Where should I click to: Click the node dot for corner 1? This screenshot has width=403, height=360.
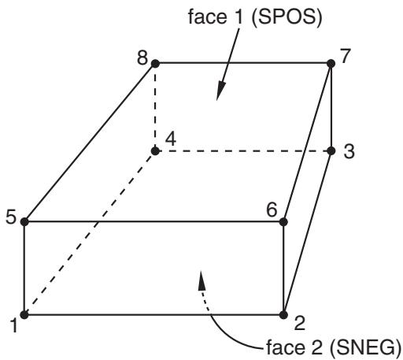[x=24, y=314]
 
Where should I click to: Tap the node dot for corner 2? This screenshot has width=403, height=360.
[x=283, y=315]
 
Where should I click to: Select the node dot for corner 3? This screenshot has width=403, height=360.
[x=331, y=151]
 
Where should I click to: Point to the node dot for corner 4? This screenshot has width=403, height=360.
[x=155, y=151]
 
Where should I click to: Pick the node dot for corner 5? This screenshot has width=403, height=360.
[x=24, y=222]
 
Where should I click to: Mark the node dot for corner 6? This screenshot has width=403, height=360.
[x=283, y=222]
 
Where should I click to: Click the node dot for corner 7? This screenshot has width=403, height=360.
[x=331, y=63]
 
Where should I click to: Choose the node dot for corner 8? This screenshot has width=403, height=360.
[x=155, y=63]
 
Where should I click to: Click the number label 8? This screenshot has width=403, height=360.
[x=142, y=58]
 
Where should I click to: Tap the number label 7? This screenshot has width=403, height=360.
[x=346, y=55]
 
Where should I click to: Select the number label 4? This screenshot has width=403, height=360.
[x=171, y=139]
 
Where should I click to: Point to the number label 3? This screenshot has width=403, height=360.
[x=349, y=151]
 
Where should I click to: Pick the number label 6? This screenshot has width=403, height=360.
[x=272, y=210]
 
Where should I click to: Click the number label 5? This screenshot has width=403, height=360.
[x=11, y=217]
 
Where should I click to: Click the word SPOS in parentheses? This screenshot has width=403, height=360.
[x=287, y=17]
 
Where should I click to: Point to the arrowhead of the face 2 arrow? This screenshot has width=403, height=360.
[x=201, y=280]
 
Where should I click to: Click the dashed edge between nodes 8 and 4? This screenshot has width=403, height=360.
[x=155, y=107]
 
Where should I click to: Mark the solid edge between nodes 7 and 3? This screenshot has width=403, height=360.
[x=331, y=107]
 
